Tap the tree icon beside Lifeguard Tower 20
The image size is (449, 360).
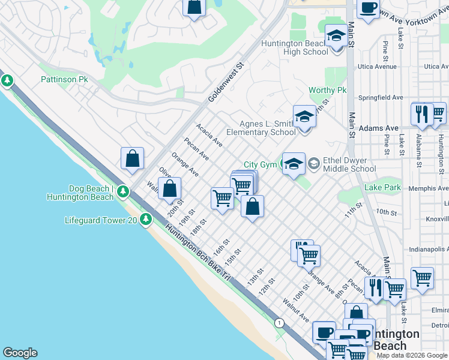click(x=146, y=220)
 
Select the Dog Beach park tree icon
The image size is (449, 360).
click(x=123, y=191)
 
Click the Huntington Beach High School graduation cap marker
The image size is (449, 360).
click(x=336, y=37)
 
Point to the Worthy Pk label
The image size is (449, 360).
click(x=328, y=90)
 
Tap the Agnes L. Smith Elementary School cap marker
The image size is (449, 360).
click(x=304, y=118)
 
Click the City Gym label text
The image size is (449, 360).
click(x=260, y=164)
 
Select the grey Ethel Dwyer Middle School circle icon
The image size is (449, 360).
click(x=314, y=164)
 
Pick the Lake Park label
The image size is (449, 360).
click(x=382, y=188)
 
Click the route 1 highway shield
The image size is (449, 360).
click(x=279, y=323)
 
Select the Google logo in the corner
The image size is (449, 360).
click(x=20, y=353)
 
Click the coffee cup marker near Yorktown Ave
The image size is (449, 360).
click(x=368, y=8)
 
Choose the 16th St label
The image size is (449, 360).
click(x=222, y=245)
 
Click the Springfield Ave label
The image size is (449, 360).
click(x=381, y=97)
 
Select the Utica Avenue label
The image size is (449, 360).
click(x=377, y=67)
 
